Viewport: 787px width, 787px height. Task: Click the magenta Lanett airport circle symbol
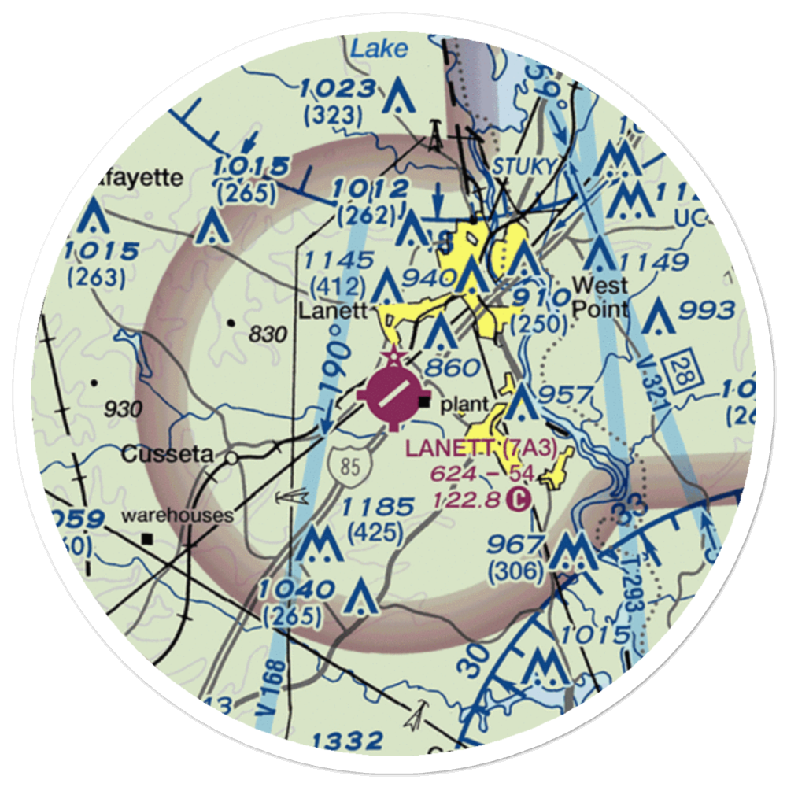pyautogui.click(x=393, y=391)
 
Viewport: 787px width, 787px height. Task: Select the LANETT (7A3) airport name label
pyautogui.click(x=482, y=449)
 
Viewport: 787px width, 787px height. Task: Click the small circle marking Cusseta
pyautogui.click(x=231, y=457)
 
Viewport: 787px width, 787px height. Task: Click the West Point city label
pyautogui.click(x=600, y=296)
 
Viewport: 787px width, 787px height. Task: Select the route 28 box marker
pyautogui.click(x=678, y=368)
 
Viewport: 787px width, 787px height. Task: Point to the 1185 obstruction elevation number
pyautogui.click(x=377, y=507)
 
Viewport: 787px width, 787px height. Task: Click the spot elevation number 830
pyautogui.click(x=267, y=334)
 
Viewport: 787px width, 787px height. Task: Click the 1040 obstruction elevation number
pyautogui.click(x=298, y=589)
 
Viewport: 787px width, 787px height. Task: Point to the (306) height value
pyautogui.click(x=515, y=572)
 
